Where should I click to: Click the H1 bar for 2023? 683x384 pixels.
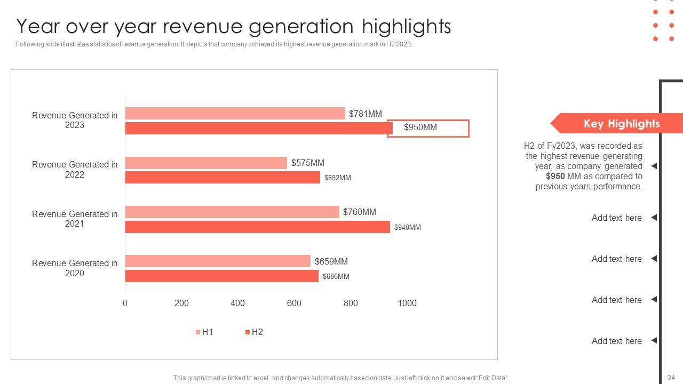tap(235, 114)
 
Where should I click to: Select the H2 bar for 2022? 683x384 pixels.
tap(223, 178)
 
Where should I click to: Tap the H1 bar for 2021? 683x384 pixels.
tap(232, 212)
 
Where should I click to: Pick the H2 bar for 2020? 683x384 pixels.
tap(221, 276)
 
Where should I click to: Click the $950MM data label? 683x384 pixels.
tap(420, 127)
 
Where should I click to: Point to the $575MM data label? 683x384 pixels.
tap(308, 163)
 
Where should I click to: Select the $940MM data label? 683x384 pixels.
tap(408, 228)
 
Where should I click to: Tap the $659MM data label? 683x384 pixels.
tap(331, 261)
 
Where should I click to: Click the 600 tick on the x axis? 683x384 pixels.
tap(294, 303)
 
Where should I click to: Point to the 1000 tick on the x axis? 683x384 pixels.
tap(407, 303)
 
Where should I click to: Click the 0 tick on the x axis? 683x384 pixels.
tap(125, 303)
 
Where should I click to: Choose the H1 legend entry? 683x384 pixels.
tap(205, 332)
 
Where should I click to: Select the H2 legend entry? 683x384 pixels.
tap(255, 332)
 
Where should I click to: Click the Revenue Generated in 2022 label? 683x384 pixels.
tap(75, 170)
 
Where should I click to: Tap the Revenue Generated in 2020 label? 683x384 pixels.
tap(75, 268)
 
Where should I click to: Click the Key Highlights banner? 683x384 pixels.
tap(622, 124)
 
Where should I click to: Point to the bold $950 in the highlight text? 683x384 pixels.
tap(555, 177)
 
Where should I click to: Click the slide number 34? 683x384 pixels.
tap(671, 378)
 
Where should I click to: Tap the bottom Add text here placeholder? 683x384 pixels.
tap(616, 341)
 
